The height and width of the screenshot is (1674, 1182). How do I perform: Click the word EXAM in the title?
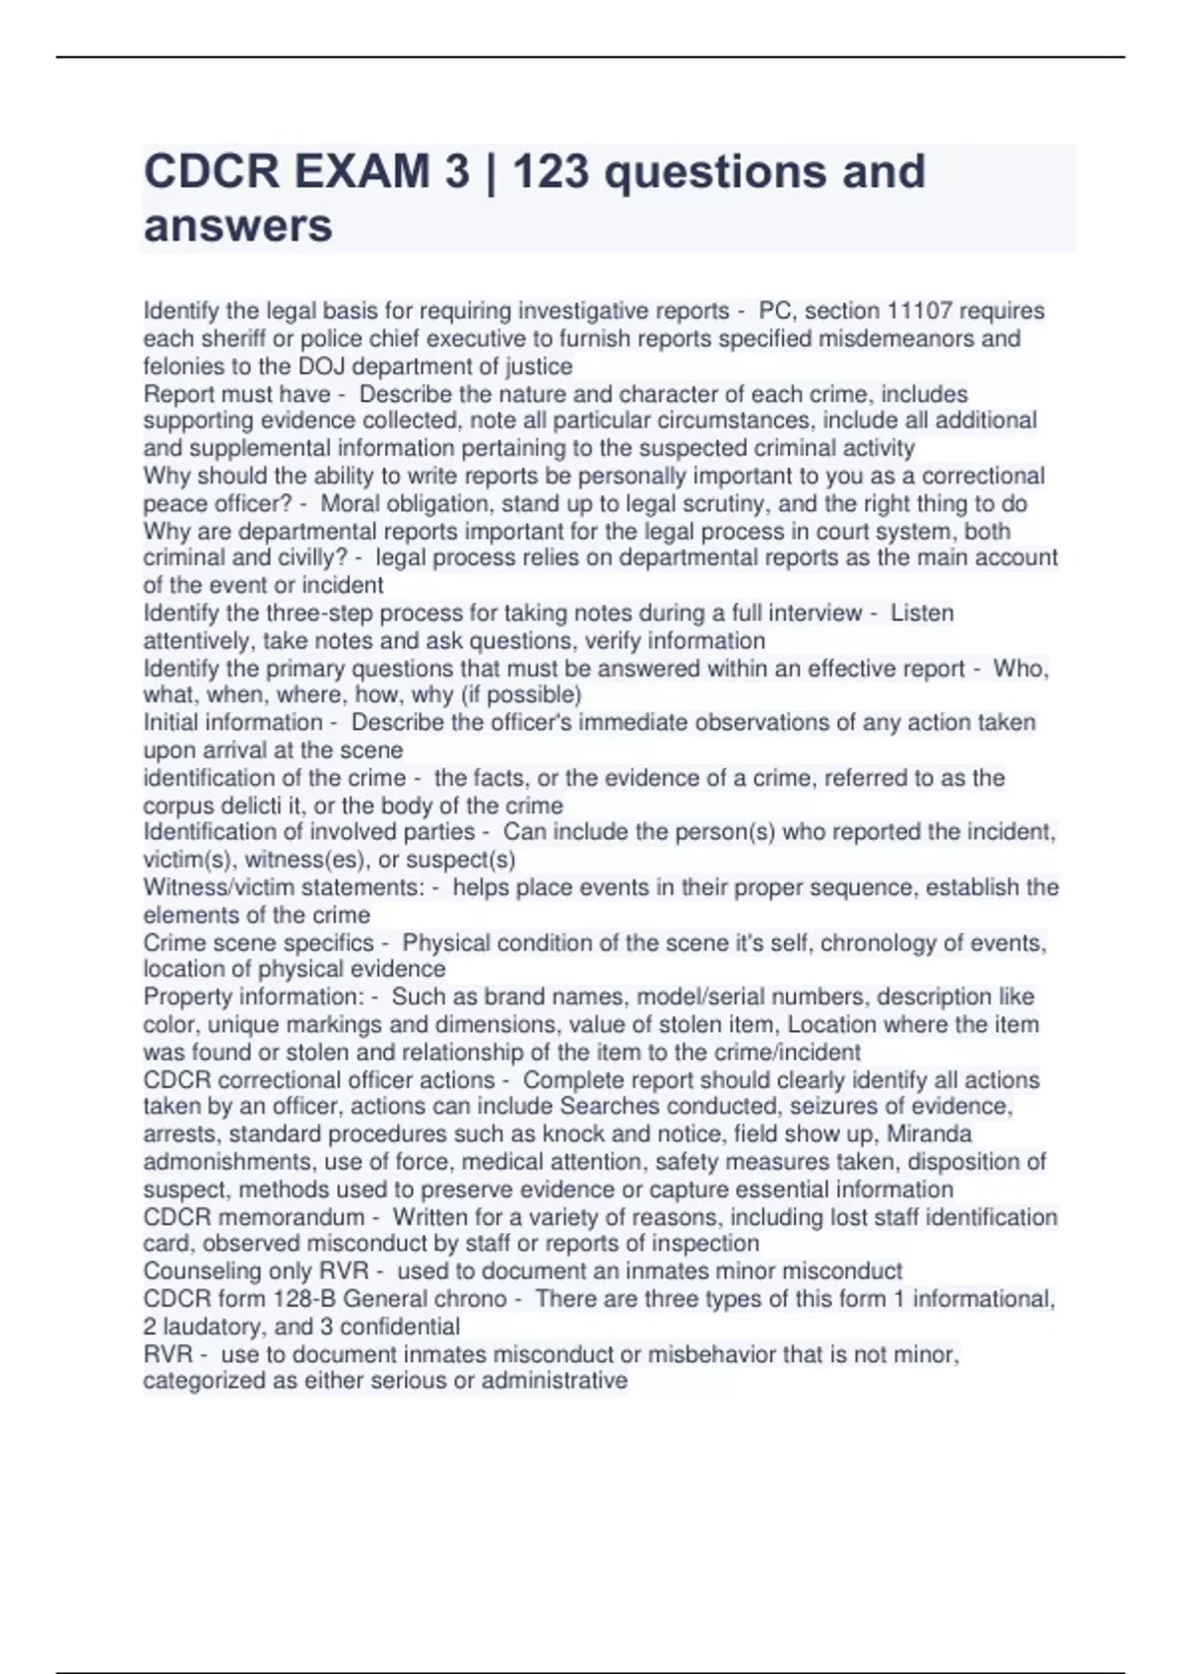click(x=361, y=171)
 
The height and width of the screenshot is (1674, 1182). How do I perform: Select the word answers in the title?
click(x=237, y=225)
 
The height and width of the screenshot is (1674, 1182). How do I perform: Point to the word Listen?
click(x=922, y=613)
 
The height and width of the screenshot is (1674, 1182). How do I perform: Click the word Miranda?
click(x=929, y=1133)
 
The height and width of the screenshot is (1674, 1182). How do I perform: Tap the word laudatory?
click(x=214, y=1326)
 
